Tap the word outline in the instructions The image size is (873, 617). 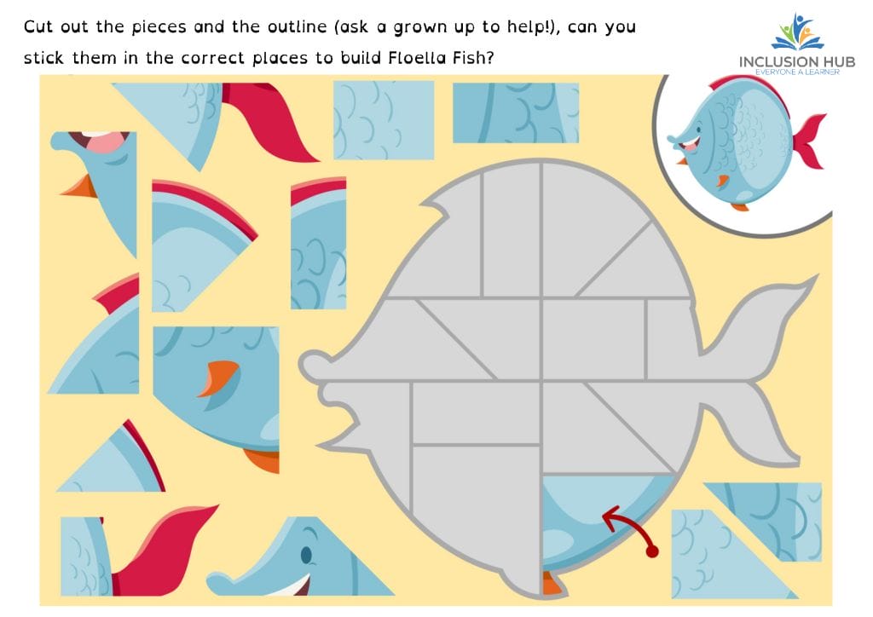pyautogui.click(x=298, y=26)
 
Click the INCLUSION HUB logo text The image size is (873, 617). pyautogui.click(x=797, y=61)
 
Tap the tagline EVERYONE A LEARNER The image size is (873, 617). pyautogui.click(x=797, y=72)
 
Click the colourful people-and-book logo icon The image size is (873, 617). pyautogui.click(x=798, y=32)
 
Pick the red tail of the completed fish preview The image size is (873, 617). pyautogui.click(x=808, y=141)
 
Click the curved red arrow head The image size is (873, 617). pyautogui.click(x=611, y=516)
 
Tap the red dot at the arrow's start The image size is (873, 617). pyautogui.click(x=652, y=551)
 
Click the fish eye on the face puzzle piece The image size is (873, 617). pyautogui.click(x=306, y=554)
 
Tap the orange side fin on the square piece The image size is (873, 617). pyautogui.click(x=218, y=378)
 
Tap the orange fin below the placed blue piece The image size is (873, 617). pyautogui.click(x=552, y=584)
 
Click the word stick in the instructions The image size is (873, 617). pyautogui.click(x=43, y=58)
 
